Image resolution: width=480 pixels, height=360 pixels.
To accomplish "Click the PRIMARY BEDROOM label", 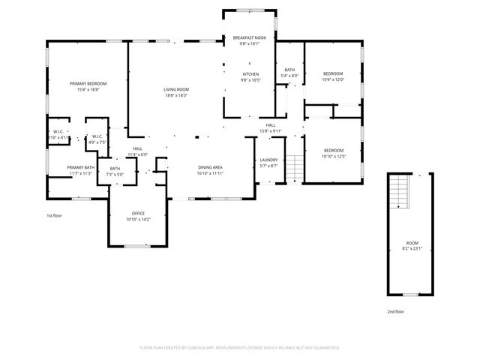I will tap(87, 83).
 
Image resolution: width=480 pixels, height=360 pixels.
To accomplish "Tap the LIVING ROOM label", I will tap(176, 89).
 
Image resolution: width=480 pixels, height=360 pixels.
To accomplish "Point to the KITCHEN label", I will tap(250, 74).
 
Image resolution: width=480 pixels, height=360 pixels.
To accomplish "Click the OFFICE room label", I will tap(139, 214).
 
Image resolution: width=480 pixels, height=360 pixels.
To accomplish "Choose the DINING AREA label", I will tap(211, 167).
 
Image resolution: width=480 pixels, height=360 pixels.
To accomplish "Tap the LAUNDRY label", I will tap(268, 160).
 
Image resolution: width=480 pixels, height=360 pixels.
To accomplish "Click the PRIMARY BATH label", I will tap(80, 167).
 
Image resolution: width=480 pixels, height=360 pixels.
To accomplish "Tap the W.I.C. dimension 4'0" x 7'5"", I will tap(98, 142).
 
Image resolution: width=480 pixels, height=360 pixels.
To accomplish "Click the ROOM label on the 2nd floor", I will tap(412, 243).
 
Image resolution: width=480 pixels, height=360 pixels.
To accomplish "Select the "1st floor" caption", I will tap(55, 215).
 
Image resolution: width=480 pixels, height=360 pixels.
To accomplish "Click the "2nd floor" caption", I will tap(395, 310).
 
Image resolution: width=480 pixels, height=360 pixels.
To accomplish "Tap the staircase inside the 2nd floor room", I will tap(400, 194).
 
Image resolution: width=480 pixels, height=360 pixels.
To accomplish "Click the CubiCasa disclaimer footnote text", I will tap(240, 347).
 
